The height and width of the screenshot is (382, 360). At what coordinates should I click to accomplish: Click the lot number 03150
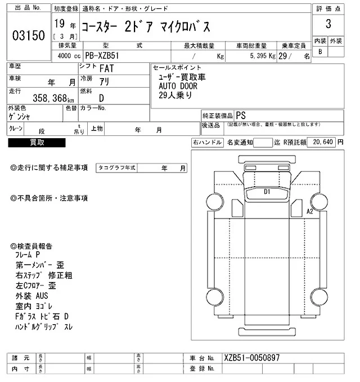pyautogui.click(x=28, y=35)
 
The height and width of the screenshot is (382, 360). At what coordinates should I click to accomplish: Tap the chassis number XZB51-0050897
pyautogui.click(x=251, y=358)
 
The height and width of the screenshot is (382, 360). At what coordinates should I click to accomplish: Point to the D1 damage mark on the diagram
pyautogui.click(x=268, y=192)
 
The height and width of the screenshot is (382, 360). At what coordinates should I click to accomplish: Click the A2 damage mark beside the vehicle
pyautogui.click(x=309, y=211)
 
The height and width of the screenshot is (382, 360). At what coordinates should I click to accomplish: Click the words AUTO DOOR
pyautogui.click(x=174, y=85)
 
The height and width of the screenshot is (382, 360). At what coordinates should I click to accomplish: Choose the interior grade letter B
pyautogui.click(x=320, y=52)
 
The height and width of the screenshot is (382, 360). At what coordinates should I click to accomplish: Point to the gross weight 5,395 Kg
pyautogui.click(x=258, y=56)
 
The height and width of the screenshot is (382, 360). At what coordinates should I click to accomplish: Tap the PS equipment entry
pyautogui.click(x=241, y=115)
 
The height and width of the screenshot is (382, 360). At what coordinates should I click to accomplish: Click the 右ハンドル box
pyautogui.click(x=207, y=143)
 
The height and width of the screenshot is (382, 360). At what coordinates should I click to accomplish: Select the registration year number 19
pyautogui.click(x=60, y=25)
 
